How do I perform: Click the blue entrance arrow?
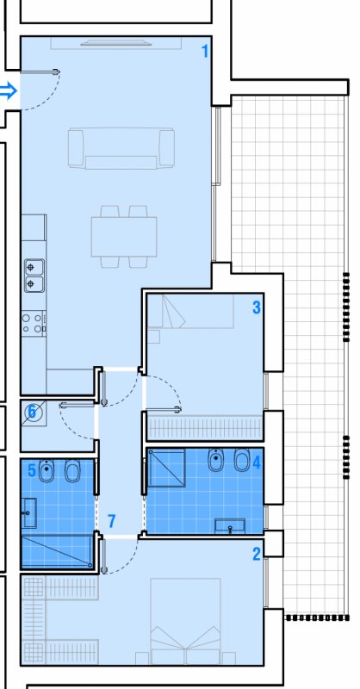(8, 91)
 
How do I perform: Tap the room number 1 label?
(204, 52)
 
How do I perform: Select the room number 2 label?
(257, 554)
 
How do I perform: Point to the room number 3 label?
(257, 307)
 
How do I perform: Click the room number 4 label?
(257, 462)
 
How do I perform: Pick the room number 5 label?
(32, 413)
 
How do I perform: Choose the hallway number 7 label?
(112, 521)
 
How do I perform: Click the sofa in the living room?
(121, 148)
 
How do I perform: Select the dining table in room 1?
(124, 236)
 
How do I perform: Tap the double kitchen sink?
(34, 276)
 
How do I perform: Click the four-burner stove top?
(34, 323)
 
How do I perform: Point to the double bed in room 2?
(185, 621)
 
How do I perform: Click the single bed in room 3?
(190, 311)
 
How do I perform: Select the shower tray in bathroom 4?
(165, 468)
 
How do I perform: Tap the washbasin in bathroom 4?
(230, 526)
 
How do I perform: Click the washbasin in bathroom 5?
(29, 512)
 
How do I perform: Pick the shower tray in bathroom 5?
(58, 552)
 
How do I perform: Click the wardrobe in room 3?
(205, 428)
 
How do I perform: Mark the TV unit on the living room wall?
(116, 43)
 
